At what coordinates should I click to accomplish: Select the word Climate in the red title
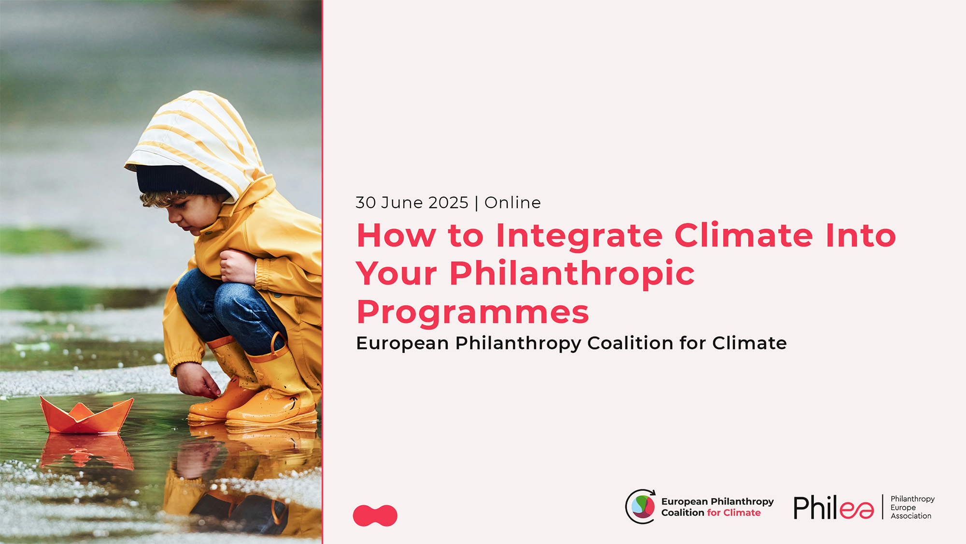click(743, 236)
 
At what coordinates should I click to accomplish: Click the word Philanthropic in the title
click(572, 274)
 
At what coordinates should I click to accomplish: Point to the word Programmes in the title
click(472, 312)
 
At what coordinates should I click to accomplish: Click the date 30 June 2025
click(412, 203)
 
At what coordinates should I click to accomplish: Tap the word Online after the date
click(512, 203)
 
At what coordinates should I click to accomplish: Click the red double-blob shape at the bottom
click(375, 515)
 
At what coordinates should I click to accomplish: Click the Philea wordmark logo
click(834, 508)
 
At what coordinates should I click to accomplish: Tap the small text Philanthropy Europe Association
click(912, 507)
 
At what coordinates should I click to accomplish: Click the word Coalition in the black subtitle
click(630, 343)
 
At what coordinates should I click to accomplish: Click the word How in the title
click(396, 236)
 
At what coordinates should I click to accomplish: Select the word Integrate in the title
click(579, 236)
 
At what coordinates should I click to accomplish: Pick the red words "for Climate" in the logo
click(734, 513)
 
